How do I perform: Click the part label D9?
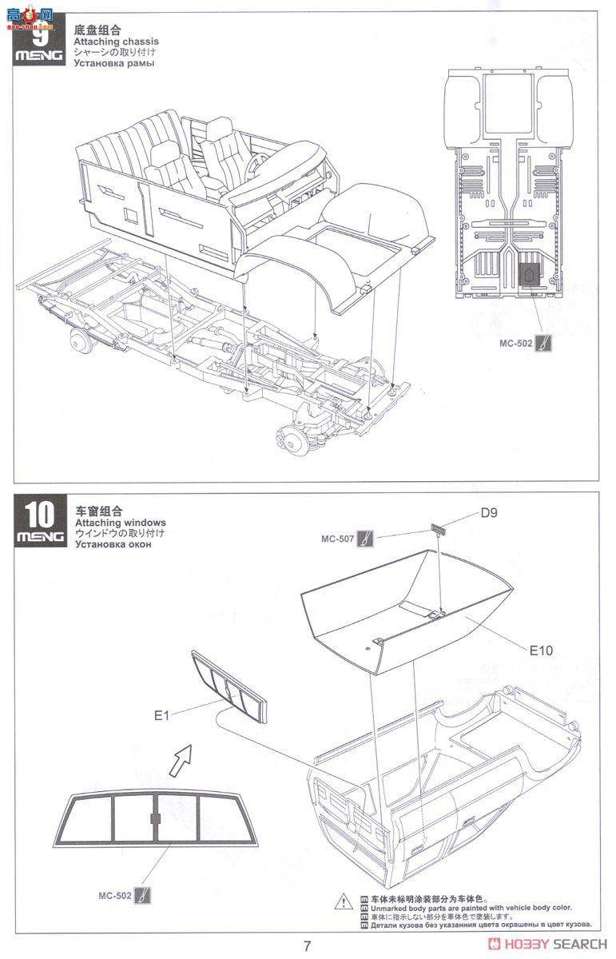click(x=490, y=513)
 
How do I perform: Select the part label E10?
click(x=541, y=651)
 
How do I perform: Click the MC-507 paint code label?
click(x=337, y=539)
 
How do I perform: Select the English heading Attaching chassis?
click(x=116, y=42)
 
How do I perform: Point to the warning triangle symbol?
click(x=341, y=921)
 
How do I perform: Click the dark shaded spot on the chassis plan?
click(x=528, y=275)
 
